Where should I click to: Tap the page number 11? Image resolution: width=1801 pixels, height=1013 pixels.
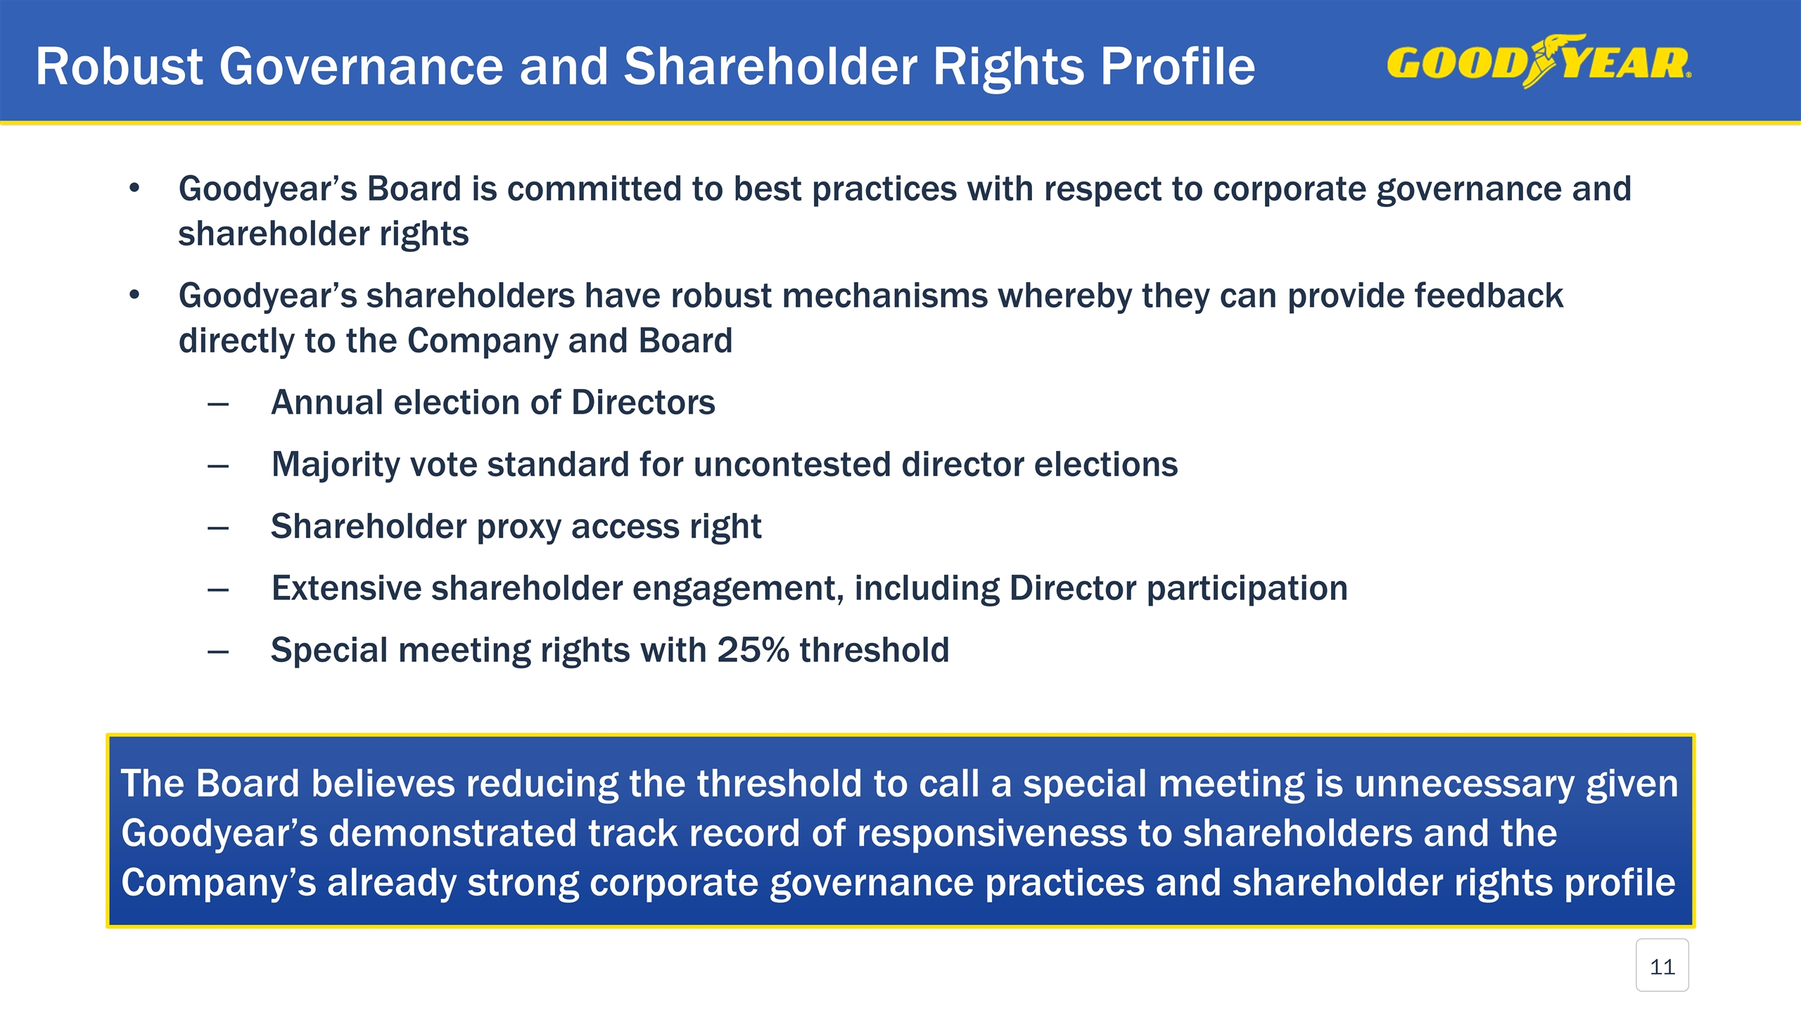coord(1662,967)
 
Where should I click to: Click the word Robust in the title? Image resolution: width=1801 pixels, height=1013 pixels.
coord(119,67)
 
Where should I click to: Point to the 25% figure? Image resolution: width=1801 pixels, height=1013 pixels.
coord(752,650)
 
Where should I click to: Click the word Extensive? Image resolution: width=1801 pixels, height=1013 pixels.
coord(345,589)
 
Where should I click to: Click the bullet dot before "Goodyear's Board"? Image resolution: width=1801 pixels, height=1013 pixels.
coord(135,189)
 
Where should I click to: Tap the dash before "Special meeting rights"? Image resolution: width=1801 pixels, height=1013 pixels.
coord(218,652)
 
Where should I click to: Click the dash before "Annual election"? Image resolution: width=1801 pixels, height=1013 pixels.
coord(218,404)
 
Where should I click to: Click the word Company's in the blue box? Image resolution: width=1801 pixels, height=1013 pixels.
coord(219,883)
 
